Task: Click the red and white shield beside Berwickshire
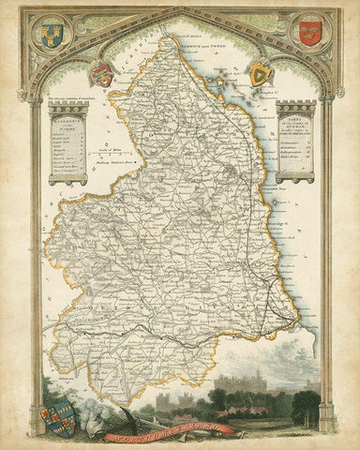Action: pos(99,73)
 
